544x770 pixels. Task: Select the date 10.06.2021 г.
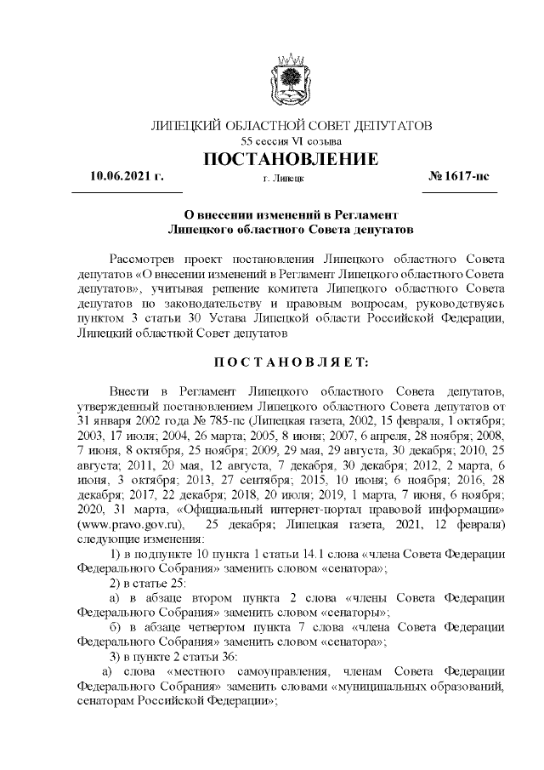127,176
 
